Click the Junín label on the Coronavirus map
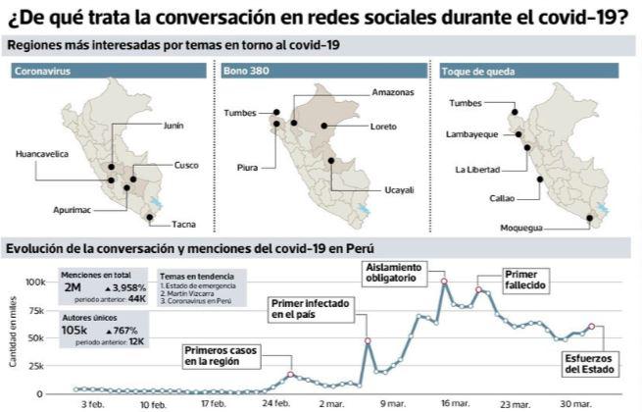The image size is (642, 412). tap(173, 126)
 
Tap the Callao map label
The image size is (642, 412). tap(501, 198)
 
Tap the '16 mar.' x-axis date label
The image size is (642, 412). tap(452, 403)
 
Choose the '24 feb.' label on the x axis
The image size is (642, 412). tap(276, 403)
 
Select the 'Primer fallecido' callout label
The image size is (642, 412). tap(524, 279)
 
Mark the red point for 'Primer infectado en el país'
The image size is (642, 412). tap(368, 341)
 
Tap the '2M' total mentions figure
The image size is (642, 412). tap(73, 289)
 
